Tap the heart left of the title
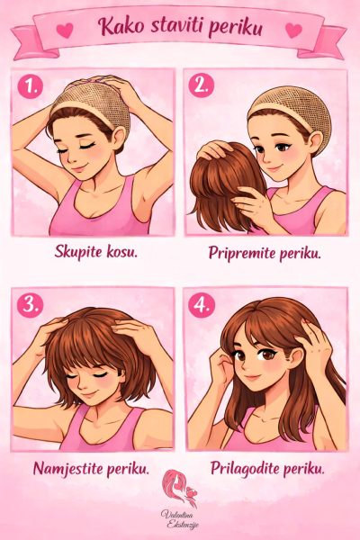point(65,30)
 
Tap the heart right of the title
point(294,30)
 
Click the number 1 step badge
point(31,86)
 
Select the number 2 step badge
point(202,85)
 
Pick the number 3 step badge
point(31,305)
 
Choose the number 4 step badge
point(202,305)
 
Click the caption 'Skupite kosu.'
point(96,252)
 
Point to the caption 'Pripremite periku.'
point(265,253)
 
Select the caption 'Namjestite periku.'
point(91,469)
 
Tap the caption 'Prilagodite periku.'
point(267,468)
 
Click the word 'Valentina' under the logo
point(176,515)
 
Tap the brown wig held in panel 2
point(224,183)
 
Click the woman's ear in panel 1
point(119,139)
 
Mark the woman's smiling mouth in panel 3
point(89,393)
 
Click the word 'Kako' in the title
point(121,26)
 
